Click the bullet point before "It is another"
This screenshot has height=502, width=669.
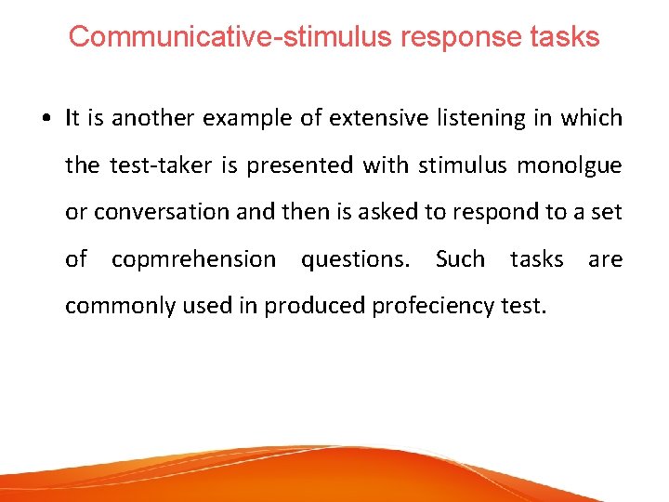pos(46,119)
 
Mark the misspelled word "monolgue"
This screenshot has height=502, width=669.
pos(569,165)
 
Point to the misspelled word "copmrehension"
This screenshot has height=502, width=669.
pos(193,259)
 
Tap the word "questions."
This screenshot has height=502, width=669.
pos(355,259)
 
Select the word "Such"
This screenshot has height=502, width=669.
pos(460,259)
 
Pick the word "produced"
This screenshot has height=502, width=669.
pos(316,306)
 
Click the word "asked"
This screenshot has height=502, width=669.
pos(395,212)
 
